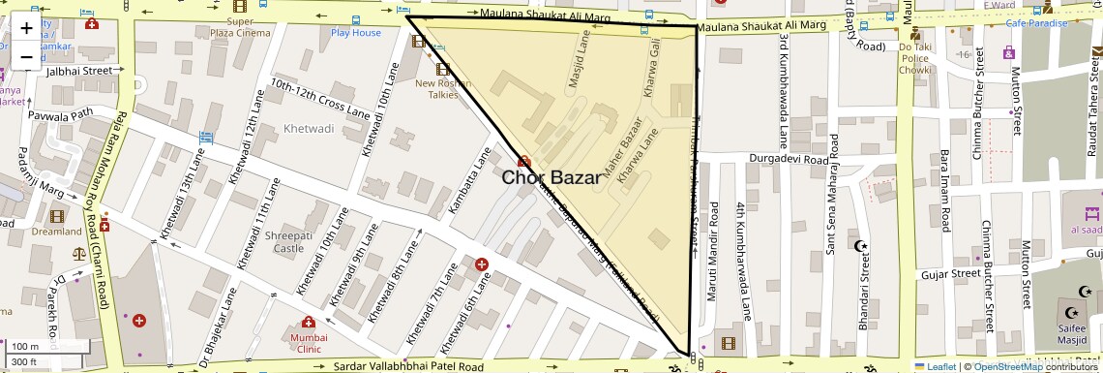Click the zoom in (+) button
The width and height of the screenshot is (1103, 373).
[26, 27]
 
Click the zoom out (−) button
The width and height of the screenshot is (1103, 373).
[26, 56]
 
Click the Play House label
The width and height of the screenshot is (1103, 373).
[356, 32]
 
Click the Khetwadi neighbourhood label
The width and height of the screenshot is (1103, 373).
[309, 128]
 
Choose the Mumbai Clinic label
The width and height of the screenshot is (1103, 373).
[307, 343]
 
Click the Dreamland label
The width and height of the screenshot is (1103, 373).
[56, 232]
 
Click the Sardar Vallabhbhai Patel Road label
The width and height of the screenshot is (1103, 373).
[408, 367]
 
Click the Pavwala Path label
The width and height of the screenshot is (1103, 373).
[60, 113]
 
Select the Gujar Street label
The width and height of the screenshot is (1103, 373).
[950, 274]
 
